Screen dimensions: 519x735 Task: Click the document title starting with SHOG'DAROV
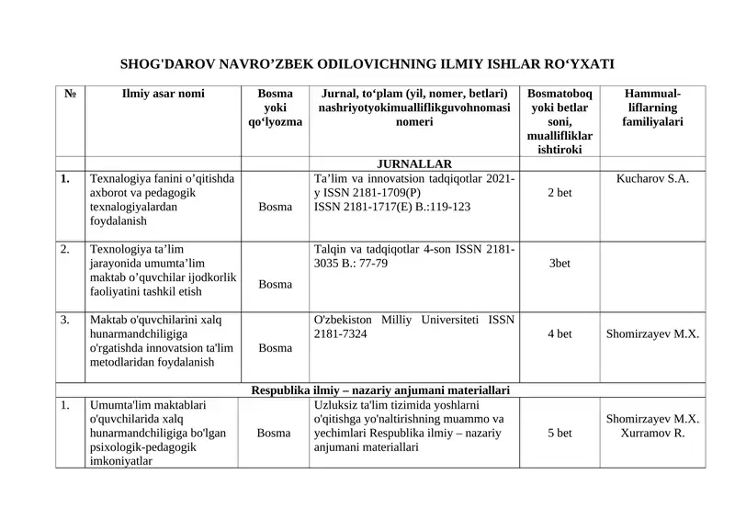coord(367,64)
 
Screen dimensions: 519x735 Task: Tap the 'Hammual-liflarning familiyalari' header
coord(652,107)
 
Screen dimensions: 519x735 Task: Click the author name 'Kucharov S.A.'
coord(652,178)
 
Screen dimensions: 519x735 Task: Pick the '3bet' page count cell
coord(560,263)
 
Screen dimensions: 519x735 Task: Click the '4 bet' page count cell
coord(560,333)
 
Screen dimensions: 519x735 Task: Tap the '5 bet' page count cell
coord(560,433)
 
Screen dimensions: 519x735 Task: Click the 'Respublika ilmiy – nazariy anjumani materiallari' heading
coord(380,389)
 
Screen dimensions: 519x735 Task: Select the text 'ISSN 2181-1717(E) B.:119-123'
coord(392,207)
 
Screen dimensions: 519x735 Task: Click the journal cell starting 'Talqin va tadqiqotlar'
coord(413,256)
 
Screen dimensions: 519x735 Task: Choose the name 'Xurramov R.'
coord(652,433)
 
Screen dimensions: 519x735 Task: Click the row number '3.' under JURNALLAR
coord(65,320)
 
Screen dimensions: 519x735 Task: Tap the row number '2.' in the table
coord(65,249)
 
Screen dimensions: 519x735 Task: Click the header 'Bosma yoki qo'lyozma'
coord(276,107)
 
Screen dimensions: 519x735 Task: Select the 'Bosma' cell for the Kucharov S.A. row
coord(276,208)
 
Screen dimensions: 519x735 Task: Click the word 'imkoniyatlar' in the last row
coord(121,461)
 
